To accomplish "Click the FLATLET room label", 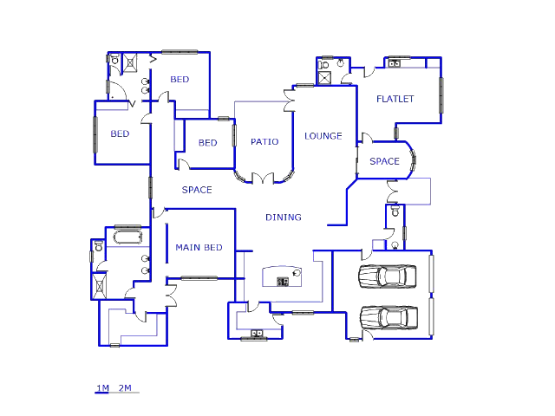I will [x=395, y=99].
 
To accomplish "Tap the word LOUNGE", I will [x=323, y=136].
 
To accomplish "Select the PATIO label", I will [x=264, y=141].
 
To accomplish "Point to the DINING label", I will [x=284, y=218].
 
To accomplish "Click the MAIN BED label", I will [x=199, y=248].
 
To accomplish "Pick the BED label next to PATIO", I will [x=207, y=143].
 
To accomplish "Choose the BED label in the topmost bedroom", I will [x=180, y=80].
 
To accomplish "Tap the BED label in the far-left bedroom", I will [x=120, y=134].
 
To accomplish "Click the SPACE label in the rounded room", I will [x=384, y=161].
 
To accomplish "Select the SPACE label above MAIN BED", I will [x=197, y=190].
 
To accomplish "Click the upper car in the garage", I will [x=388, y=276].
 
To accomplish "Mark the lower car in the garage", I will [x=388, y=317].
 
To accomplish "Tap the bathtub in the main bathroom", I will [x=127, y=236].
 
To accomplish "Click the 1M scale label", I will [x=101, y=387].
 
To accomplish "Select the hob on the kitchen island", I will [x=283, y=281].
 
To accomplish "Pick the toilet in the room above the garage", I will [x=395, y=211].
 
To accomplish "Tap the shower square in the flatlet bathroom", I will [x=325, y=78].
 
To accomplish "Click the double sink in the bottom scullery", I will [x=257, y=333].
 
